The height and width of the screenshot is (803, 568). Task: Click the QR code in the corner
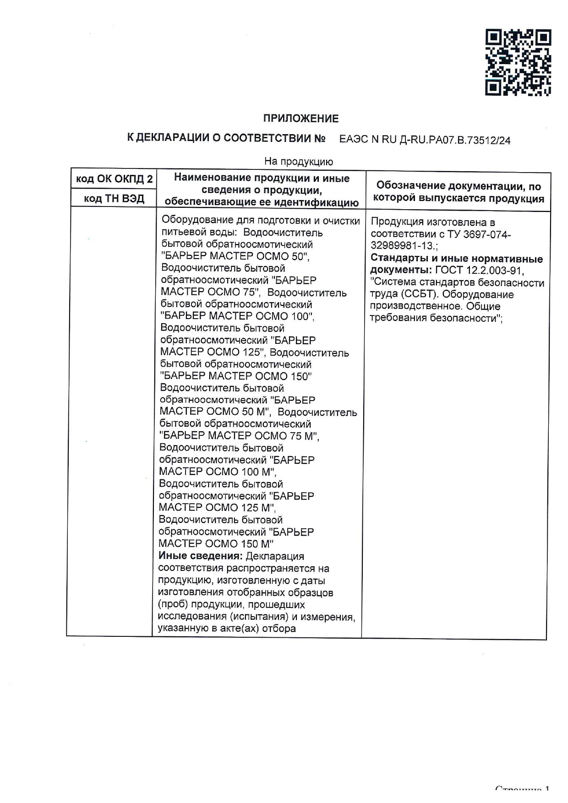[x=518, y=62]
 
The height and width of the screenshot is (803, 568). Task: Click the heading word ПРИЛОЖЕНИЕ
[x=300, y=119]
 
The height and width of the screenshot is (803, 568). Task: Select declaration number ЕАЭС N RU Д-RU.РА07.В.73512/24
[x=425, y=140]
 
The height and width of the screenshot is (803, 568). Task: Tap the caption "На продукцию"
[x=298, y=162]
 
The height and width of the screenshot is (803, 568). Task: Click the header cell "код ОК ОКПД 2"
[x=114, y=179]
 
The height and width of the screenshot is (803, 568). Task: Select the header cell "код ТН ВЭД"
[x=114, y=199]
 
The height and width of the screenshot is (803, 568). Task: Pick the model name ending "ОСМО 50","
[x=284, y=256]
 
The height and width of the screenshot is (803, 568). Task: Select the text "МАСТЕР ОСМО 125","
[x=213, y=352]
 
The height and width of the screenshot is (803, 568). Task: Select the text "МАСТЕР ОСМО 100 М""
[x=218, y=472]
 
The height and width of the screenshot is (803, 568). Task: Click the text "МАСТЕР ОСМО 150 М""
[x=216, y=543]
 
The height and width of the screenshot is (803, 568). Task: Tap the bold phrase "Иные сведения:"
[x=200, y=556]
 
